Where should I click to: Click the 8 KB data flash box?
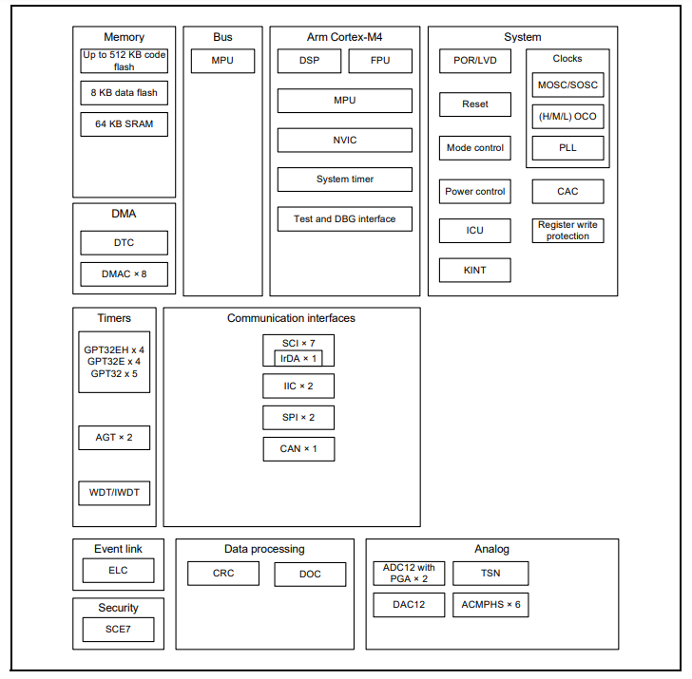124,92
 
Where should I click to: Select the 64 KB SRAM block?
124,123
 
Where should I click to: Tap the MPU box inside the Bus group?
222,61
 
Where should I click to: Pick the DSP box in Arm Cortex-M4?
309,61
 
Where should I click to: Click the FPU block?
380,61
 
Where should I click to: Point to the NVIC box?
345,140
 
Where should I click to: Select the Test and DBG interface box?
345,218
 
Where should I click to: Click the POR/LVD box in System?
475,61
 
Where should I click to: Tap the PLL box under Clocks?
567,148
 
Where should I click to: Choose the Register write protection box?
567,231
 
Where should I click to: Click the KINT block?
475,270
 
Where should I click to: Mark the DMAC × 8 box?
124,274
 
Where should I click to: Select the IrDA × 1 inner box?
298,358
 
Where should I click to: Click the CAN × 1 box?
298,448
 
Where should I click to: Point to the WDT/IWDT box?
114,493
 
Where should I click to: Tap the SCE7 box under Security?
118,630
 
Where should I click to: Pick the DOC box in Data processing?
311,574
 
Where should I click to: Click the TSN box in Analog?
490,573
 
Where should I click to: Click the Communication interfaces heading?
291,318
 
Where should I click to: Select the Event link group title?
118,549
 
